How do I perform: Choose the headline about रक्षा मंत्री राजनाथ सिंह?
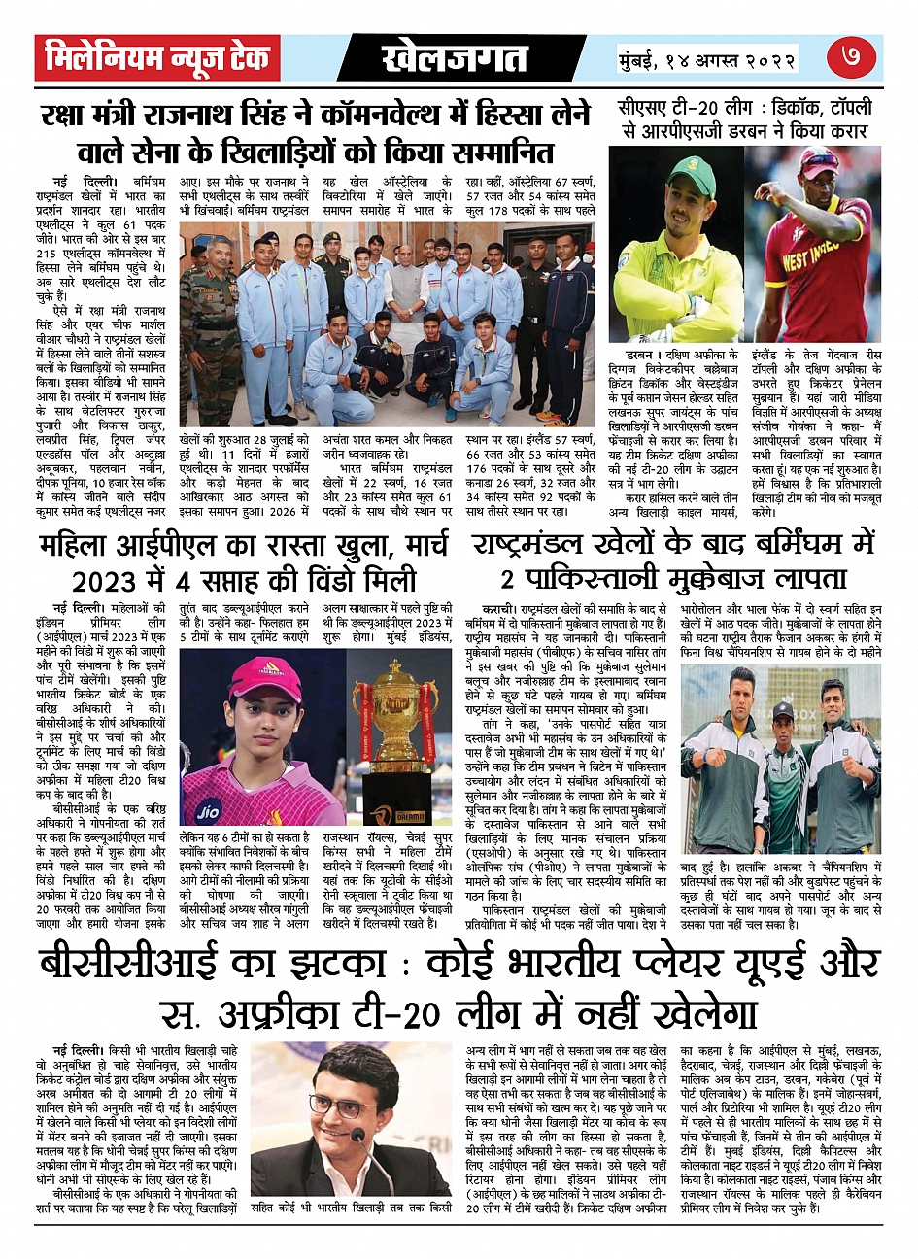316,134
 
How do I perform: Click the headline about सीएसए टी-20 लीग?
744,118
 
